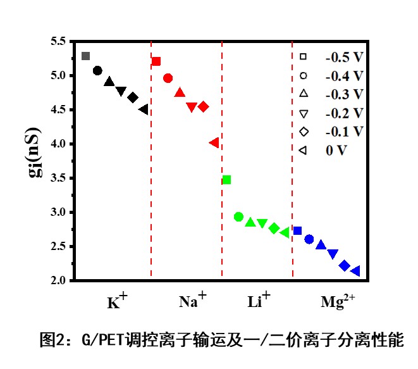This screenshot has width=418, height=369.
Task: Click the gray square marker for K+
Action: (86, 56)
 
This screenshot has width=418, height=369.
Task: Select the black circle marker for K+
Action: (97, 70)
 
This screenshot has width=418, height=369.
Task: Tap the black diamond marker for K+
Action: (133, 97)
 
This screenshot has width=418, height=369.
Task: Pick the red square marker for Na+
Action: (156, 61)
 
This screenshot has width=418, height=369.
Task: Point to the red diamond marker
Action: (203, 106)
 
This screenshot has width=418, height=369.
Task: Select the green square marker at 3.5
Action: (226, 180)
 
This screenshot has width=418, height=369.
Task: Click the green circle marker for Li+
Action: (238, 217)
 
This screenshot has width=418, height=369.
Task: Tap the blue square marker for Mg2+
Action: (298, 230)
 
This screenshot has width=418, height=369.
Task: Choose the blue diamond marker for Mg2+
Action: (345, 266)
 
